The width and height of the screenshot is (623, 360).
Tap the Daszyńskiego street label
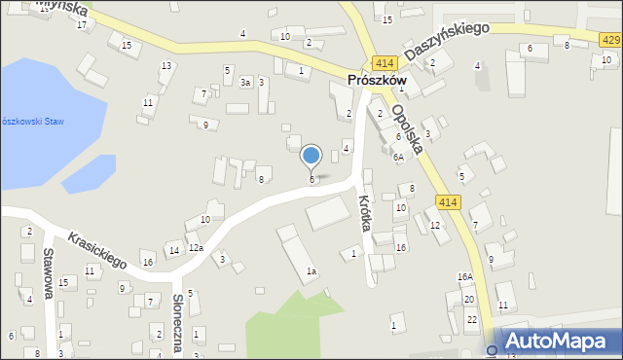pos(447,42)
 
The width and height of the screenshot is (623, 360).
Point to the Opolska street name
pos(407,126)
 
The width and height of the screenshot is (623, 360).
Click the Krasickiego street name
pos(97,250)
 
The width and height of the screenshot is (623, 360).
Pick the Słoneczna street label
pos(178,325)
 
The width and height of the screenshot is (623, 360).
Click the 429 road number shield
pos(609,38)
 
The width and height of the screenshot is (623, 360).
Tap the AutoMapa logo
pos(559,342)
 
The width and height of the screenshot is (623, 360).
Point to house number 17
pos(82,24)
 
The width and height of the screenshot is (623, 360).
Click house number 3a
pos(246,83)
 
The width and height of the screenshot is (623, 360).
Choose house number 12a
pos(196,248)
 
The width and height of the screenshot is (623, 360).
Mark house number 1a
pos(311,271)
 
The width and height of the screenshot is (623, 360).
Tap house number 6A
pos(398,157)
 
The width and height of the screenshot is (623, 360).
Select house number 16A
pos(465,276)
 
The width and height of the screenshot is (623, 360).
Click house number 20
pos(468,299)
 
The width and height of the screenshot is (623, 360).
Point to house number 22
pos(471,320)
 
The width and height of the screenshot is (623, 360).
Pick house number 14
pos(174,251)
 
